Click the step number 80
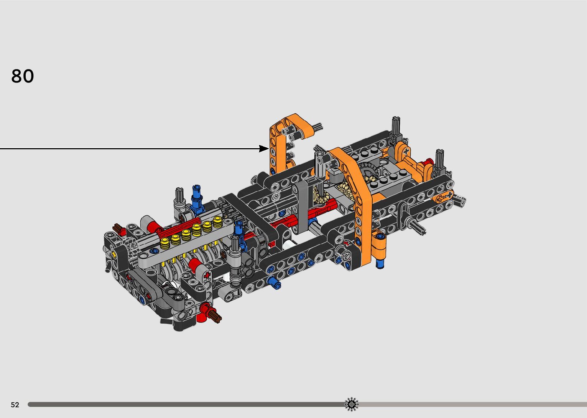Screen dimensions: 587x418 pyautogui.click(x=23, y=76)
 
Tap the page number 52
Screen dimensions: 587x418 pyautogui.click(x=15, y=405)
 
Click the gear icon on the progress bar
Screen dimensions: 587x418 pyautogui.click(x=352, y=404)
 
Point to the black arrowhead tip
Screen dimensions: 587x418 pyautogui.click(x=269, y=149)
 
